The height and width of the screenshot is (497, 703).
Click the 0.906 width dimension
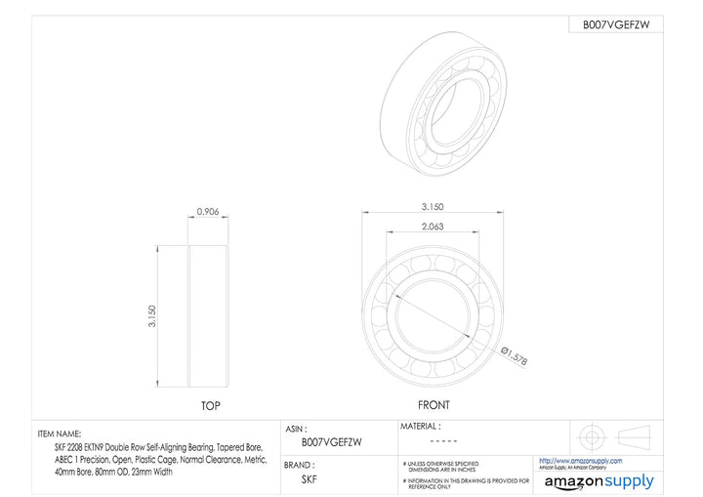(207, 212)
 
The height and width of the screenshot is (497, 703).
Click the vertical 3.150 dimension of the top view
(152, 316)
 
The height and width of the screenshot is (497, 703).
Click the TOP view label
(210, 405)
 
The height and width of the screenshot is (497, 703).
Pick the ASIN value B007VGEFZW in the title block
(331, 442)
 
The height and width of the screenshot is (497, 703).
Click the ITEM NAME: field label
(60, 433)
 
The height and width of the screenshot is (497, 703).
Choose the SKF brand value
(308, 479)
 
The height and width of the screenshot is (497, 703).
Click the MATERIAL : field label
(421, 427)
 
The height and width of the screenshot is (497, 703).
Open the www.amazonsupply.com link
(580, 461)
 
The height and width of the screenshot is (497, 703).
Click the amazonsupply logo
(599, 481)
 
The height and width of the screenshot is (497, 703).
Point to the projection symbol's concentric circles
(591, 435)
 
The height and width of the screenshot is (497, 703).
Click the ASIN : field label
(296, 429)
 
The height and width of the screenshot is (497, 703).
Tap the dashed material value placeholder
(444, 442)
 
